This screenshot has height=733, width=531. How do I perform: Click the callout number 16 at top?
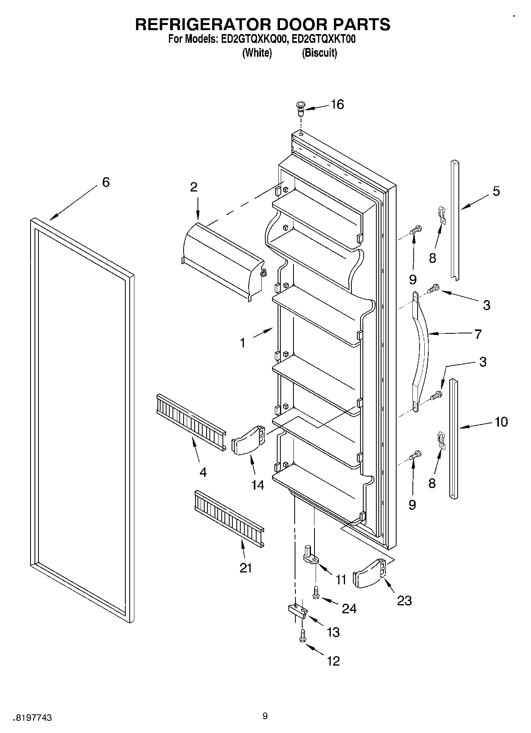pyautogui.click(x=337, y=105)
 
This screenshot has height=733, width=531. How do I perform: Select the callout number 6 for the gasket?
pyautogui.click(x=105, y=182)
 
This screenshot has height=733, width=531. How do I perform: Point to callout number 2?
pyautogui.click(x=194, y=187)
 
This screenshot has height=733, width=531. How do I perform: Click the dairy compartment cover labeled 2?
pyautogui.click(x=222, y=262)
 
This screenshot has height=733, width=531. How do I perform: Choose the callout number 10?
pyautogui.click(x=501, y=422)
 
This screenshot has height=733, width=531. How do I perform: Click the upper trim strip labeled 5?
pyautogui.click(x=455, y=220)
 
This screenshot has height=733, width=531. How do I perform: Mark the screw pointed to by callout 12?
pyautogui.click(x=303, y=636)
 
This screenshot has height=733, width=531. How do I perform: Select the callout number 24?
pyautogui.click(x=349, y=608)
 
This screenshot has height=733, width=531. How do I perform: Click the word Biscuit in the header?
pyautogui.click(x=320, y=53)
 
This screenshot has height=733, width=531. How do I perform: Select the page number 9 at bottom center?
pyautogui.click(x=265, y=716)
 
